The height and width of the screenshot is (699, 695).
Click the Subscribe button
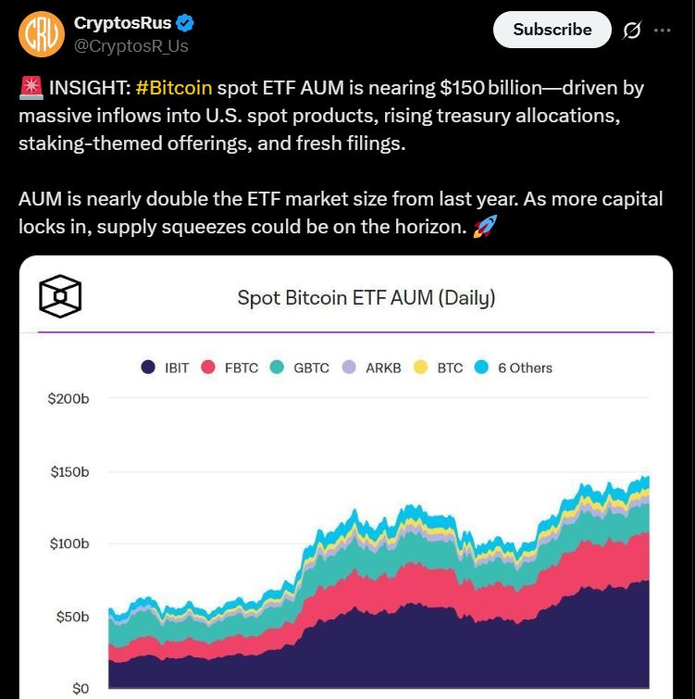552,30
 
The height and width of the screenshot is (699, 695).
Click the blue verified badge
185,22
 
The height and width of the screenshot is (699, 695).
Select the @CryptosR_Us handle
130,44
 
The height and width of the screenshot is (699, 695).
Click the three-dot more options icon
662,30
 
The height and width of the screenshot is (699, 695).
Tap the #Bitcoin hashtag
173,89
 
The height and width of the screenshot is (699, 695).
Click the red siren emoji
29,89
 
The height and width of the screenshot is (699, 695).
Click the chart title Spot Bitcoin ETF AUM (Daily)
366,298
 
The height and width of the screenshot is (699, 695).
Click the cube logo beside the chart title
60,297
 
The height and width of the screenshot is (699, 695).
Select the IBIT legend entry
165,368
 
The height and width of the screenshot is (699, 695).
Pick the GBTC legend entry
300,368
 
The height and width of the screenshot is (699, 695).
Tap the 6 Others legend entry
514,368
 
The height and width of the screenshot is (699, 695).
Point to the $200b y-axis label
69,399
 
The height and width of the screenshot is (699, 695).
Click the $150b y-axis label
69,472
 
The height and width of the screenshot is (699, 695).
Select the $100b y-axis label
69,544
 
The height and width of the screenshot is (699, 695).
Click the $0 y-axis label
81,689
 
